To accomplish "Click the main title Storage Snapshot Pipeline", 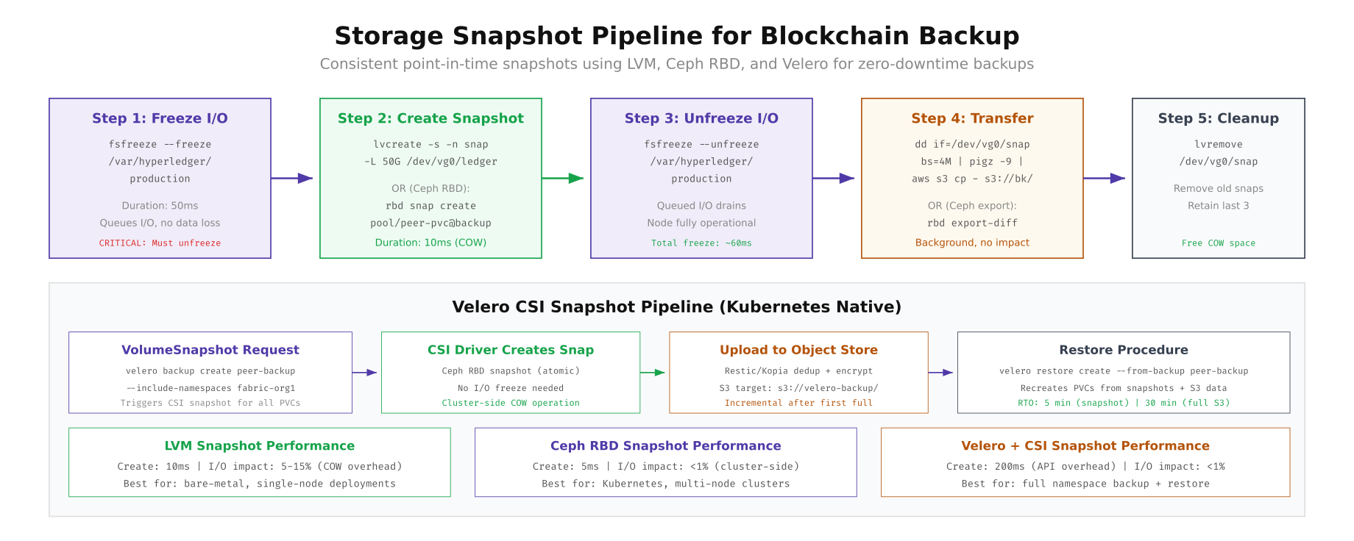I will coord(676,36).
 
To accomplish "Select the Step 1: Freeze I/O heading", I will coord(160,118).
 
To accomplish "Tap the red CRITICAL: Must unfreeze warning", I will coord(160,243).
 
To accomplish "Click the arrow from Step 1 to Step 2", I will coord(293,178).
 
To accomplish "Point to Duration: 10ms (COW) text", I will coord(430,243).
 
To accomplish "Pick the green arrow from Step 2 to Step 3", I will coord(564,178).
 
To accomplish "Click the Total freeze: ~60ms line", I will coord(701,243).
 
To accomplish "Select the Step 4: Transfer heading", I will coord(972,118).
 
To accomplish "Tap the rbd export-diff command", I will coord(972,223).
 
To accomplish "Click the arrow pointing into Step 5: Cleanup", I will coord(1105,178).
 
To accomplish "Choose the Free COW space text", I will coord(1218,243).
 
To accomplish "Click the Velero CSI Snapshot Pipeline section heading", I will coord(676,307).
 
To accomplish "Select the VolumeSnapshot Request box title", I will coord(210,350).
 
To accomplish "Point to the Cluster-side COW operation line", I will coord(511,403).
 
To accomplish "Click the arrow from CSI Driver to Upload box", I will coord(653,373).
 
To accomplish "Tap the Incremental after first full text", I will coord(798,403).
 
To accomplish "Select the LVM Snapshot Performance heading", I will coord(259,445).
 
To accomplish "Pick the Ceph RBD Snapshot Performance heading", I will coord(665,445).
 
